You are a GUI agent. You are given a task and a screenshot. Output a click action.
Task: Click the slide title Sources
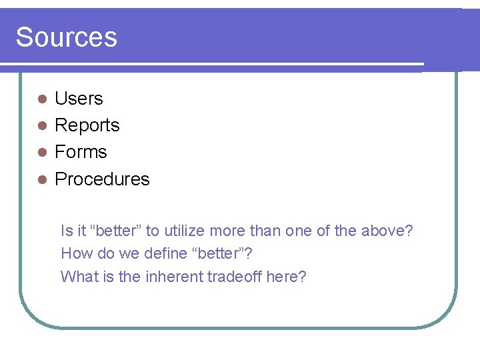pos(66,37)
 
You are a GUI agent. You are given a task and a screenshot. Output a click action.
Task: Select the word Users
pos(79,99)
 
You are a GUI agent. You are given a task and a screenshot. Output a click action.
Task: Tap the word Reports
pos(87,125)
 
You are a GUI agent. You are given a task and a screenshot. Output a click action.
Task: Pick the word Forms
pos(81,152)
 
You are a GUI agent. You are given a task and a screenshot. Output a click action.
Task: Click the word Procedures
pos(102,179)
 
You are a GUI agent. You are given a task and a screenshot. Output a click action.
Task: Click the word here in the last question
pos(283,277)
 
